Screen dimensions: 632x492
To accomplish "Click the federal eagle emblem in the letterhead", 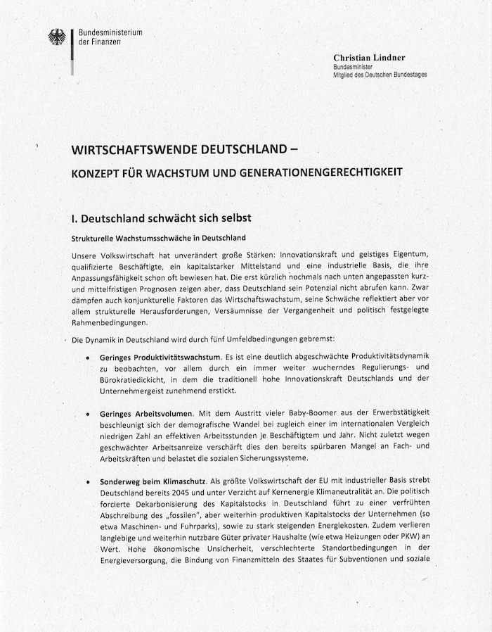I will point(57,37).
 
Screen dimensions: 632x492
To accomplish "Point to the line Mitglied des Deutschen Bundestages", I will point(380,75).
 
